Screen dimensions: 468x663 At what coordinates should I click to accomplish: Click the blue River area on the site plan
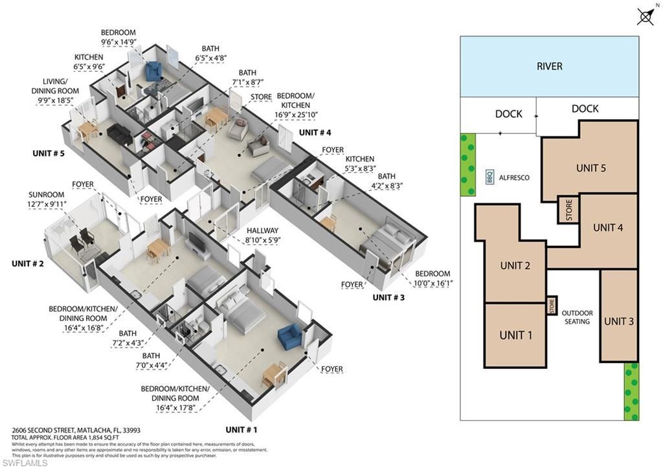click(x=549, y=66)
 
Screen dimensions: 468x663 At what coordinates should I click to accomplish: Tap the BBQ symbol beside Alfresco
click(x=489, y=177)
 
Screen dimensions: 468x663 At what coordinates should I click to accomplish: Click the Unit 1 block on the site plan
click(x=515, y=335)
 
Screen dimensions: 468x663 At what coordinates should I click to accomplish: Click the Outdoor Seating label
click(x=577, y=317)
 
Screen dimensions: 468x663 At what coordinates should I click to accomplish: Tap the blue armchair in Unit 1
click(x=289, y=337)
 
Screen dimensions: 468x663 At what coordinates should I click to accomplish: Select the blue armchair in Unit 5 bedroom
click(x=155, y=71)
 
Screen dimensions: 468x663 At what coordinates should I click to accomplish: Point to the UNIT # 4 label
click(x=315, y=133)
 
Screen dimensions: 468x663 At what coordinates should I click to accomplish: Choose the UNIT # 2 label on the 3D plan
click(x=28, y=263)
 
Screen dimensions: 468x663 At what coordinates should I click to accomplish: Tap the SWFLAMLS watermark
click(x=25, y=462)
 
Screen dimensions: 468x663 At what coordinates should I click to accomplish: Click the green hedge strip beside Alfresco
click(x=467, y=164)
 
